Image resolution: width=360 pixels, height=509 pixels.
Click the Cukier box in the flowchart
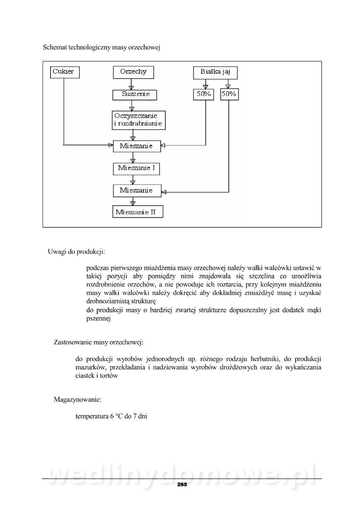pos(65,72)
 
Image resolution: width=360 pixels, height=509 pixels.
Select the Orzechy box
pos(133,72)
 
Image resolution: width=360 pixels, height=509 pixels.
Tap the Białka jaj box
pos(215,72)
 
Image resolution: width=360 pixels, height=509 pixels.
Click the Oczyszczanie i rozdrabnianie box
pos(138,120)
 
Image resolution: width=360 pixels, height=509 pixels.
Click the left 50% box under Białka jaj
pos(202,94)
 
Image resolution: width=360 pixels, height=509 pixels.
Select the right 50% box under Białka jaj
pos(228,94)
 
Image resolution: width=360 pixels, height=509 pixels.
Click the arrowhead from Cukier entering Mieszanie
pos(110,145)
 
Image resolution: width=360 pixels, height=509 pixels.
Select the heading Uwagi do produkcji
pos(76,252)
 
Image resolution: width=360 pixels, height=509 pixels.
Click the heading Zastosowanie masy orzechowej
pos(98,342)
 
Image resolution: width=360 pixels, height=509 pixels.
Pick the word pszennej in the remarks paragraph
pos(98,319)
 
